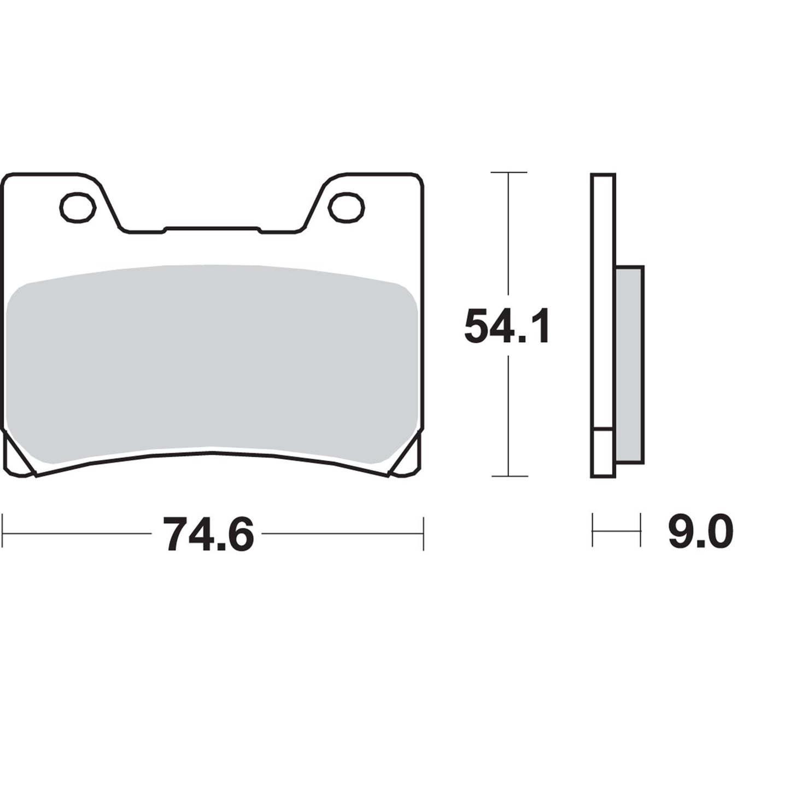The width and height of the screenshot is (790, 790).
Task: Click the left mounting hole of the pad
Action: tap(77, 208)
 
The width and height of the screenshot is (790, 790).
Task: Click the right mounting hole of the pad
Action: tap(347, 208)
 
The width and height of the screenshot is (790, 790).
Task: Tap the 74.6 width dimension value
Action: tap(209, 534)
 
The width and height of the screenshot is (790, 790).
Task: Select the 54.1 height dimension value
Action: tap(506, 326)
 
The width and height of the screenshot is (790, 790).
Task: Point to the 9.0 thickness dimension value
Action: tap(700, 531)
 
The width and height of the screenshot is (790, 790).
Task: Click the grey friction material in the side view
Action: tap(630, 364)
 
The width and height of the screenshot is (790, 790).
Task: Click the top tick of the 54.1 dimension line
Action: tap(509, 173)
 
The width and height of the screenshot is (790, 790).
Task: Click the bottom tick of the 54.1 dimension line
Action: tap(509, 476)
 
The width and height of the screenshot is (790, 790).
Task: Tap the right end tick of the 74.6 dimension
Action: tap(423, 531)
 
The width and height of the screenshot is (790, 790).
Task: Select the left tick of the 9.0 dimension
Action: tap(593, 530)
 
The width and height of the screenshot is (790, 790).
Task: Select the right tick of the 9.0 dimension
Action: tap(640, 530)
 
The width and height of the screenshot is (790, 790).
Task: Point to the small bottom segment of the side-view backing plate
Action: tap(604, 453)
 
